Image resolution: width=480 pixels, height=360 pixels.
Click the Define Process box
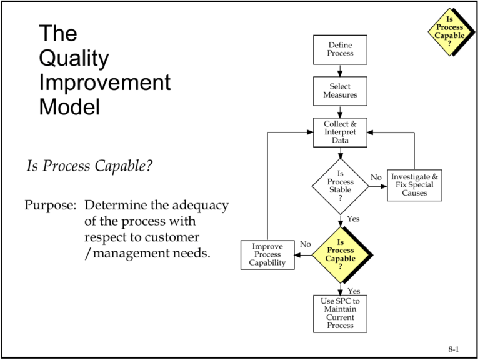340,49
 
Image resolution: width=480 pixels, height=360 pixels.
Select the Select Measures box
340,91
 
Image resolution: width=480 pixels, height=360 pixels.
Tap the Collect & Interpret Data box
340,132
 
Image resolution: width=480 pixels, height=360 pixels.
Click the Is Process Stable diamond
340,186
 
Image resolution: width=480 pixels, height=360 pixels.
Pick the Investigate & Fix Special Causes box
414,185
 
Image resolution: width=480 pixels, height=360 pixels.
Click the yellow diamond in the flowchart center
340,254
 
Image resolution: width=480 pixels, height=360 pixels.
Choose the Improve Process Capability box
267,255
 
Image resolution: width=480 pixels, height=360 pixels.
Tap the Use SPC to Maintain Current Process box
340,313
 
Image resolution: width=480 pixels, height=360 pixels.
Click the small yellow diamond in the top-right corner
449,31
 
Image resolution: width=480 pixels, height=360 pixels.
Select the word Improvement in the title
104,82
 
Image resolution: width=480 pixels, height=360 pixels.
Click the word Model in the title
69,107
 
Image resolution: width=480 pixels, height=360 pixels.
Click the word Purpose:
51,205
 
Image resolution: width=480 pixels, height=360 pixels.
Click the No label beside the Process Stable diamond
376,177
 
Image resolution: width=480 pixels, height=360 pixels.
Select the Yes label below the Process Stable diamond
353,220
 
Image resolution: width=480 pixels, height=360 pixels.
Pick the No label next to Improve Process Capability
305,244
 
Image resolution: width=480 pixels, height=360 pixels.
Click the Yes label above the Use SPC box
353,291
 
